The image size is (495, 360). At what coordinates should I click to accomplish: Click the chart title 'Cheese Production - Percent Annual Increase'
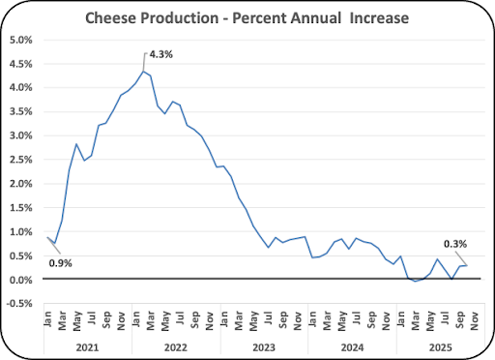pyautogui.click(x=247, y=17)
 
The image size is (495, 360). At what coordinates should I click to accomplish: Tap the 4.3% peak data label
pyautogui.click(x=160, y=54)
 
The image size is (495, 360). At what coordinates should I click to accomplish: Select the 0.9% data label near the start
pyautogui.click(x=60, y=263)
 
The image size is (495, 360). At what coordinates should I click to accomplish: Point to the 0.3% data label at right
pyautogui.click(x=455, y=244)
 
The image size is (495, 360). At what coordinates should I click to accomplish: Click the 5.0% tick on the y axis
pyautogui.click(x=21, y=40)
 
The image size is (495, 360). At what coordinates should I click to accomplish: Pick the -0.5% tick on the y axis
pyautogui.click(x=19, y=304)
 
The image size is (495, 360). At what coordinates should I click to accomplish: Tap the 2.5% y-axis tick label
pyautogui.click(x=21, y=160)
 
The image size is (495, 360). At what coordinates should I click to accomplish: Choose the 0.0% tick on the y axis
pyautogui.click(x=21, y=280)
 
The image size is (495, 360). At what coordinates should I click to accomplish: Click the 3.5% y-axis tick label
pyautogui.click(x=21, y=112)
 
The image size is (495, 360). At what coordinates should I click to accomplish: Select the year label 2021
pyautogui.click(x=87, y=347)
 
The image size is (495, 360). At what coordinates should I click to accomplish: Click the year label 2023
pyautogui.click(x=264, y=347)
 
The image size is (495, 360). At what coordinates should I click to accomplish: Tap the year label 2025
pyautogui.click(x=441, y=347)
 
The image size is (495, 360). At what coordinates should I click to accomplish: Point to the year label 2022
pyautogui.click(x=176, y=347)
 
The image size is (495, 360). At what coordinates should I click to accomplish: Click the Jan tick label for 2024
pyautogui.click(x=312, y=318)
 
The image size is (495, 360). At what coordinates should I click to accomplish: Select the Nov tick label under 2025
pyautogui.click(x=474, y=320)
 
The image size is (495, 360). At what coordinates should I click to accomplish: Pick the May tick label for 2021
pyautogui.click(x=76, y=321)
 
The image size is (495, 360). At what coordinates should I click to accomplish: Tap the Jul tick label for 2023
pyautogui.click(x=268, y=317)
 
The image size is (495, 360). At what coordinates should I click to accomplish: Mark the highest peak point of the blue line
pyautogui.click(x=143, y=71)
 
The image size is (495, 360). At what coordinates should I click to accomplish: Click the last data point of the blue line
pyautogui.click(x=467, y=265)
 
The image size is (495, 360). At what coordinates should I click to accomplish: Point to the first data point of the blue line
pyautogui.click(x=47, y=237)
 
